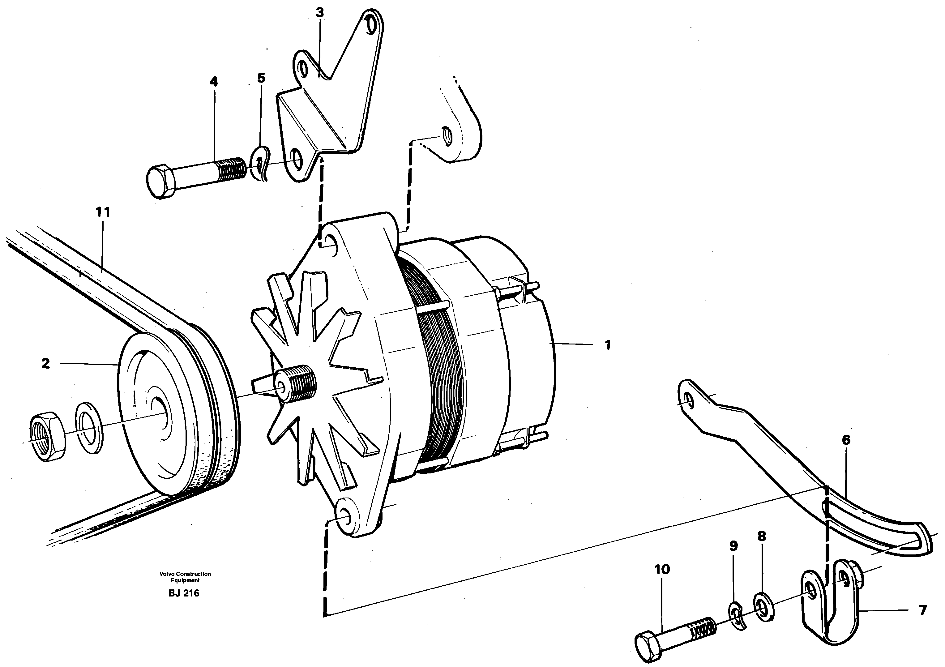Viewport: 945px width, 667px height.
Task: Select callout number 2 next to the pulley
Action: [46, 363]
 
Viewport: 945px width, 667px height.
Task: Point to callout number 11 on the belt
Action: [103, 212]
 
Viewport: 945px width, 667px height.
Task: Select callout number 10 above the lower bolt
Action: [662, 570]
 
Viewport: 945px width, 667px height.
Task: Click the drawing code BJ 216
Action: [184, 593]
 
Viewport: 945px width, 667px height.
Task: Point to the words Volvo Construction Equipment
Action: [185, 577]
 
